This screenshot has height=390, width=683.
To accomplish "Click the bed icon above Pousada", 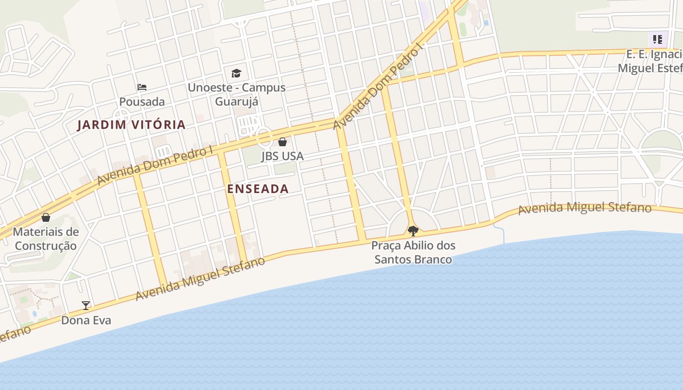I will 142,87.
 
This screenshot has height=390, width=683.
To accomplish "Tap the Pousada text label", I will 142,102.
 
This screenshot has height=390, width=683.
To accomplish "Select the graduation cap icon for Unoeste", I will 237,73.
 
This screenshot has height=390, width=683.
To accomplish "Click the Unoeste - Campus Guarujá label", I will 237,95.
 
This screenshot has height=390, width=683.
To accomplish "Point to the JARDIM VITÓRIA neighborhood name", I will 132,125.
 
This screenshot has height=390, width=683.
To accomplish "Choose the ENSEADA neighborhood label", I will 258,189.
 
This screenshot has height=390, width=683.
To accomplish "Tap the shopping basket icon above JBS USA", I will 282,142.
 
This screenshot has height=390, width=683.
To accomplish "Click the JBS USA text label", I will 282,156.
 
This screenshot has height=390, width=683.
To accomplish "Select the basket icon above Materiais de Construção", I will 46,217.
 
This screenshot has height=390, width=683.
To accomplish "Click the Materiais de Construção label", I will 46,238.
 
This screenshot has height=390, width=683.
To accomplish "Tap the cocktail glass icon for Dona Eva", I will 86,306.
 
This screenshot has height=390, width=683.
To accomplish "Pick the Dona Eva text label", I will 86,320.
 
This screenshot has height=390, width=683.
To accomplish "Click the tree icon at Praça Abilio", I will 413,231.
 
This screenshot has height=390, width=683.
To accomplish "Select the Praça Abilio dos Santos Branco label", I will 413,252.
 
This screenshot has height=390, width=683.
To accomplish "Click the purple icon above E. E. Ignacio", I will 658,39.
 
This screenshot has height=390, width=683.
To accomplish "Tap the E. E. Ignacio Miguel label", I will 651,61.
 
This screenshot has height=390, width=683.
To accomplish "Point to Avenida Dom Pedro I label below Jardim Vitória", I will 155,166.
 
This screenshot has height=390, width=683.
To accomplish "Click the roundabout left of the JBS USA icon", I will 264,136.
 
